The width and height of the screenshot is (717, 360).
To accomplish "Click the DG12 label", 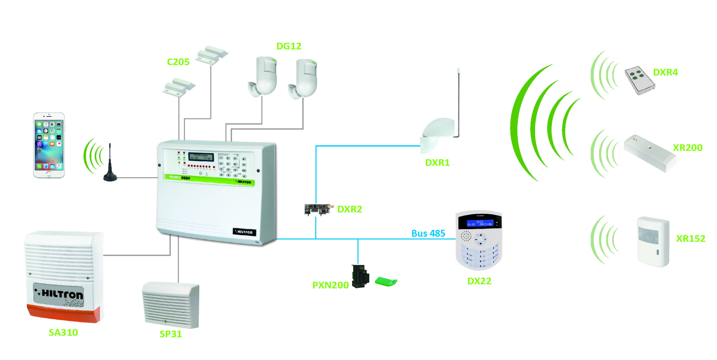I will (289, 46).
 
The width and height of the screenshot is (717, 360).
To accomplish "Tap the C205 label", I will (178, 62).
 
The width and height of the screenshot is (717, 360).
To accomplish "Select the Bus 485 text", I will (428, 233).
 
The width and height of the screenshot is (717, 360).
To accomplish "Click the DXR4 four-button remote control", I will (640, 80).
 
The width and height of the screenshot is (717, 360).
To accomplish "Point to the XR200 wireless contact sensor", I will (650, 153).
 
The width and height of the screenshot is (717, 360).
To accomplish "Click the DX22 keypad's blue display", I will (480, 223).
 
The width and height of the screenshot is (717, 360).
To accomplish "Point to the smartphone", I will (49, 145).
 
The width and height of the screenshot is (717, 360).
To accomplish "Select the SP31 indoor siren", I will (171, 305).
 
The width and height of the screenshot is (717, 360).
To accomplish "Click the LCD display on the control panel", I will (201, 157).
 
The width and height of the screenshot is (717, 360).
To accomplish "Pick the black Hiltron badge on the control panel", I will (244, 232).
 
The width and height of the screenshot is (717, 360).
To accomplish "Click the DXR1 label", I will (437, 162).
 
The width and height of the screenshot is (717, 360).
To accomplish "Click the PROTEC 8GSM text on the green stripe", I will (180, 177).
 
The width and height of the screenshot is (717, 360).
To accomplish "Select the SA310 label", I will (63, 332).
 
